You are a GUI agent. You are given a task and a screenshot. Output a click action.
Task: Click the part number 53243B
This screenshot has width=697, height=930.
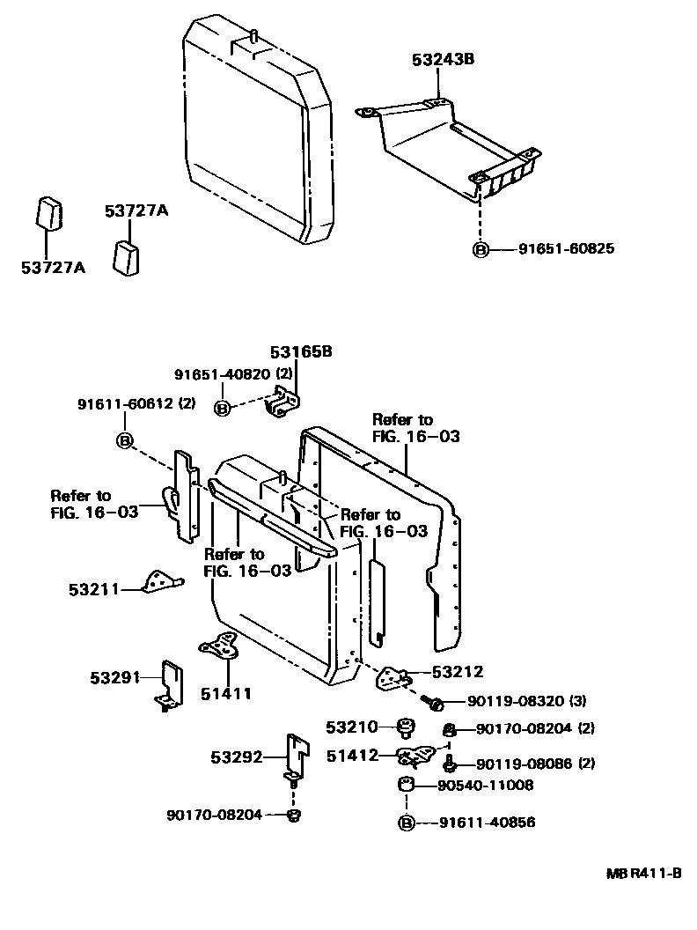[x=444, y=59]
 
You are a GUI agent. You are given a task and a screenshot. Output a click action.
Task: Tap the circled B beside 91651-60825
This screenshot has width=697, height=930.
[x=481, y=250]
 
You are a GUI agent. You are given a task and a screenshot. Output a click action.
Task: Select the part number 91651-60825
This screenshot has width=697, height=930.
[x=567, y=248]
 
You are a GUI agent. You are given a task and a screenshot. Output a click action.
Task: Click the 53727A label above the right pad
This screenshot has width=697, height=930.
[x=136, y=210]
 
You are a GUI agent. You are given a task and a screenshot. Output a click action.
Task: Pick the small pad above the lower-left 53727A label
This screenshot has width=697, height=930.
[x=50, y=213]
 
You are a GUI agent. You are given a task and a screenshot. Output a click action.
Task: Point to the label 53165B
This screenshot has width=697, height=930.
[x=301, y=351]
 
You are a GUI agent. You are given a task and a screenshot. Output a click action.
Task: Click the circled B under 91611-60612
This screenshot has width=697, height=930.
[x=125, y=440]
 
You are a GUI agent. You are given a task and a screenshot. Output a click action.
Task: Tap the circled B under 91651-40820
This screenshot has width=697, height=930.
[x=222, y=408]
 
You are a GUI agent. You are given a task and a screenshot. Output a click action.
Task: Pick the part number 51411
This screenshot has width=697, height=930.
[x=226, y=693]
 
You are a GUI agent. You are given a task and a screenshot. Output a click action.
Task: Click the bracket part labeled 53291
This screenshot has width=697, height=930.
[x=172, y=685]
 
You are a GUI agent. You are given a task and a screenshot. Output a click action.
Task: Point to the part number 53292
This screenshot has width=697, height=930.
[x=237, y=757]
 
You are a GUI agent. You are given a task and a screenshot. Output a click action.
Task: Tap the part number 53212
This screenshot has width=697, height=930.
[x=458, y=671]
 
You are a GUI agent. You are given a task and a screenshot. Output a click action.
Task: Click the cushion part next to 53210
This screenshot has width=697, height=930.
[x=406, y=727]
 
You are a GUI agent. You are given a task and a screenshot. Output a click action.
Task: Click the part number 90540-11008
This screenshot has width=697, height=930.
[x=486, y=786]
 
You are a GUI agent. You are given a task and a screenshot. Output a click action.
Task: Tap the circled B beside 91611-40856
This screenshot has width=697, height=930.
[x=406, y=823]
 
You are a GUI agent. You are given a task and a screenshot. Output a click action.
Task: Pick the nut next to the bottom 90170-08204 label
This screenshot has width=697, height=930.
[x=293, y=816]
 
